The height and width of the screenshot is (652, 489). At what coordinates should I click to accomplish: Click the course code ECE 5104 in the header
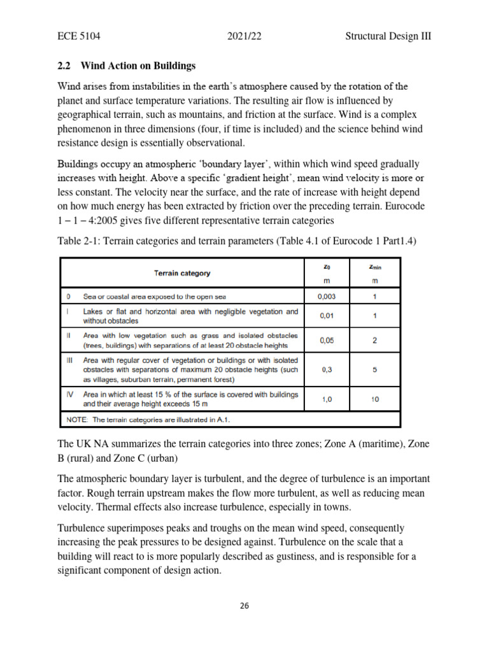tap(78, 36)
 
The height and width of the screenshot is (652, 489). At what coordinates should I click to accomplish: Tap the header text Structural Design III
tap(388, 36)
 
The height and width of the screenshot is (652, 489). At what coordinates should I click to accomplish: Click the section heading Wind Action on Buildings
tap(147, 66)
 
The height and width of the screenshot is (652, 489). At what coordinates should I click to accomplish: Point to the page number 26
tap(244, 606)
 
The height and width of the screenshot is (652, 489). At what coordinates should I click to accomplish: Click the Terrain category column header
tap(181, 273)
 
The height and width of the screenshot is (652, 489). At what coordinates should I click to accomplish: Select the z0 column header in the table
tap(327, 267)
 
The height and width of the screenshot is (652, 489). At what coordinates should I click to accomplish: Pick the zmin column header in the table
tap(374, 267)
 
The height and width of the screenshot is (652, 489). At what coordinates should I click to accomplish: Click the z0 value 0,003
tap(327, 297)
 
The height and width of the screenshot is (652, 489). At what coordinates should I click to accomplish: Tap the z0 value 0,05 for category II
tap(327, 340)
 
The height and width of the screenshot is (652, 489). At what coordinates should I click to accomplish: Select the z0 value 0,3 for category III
tap(327, 369)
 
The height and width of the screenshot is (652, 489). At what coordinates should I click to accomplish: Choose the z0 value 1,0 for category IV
tap(327, 399)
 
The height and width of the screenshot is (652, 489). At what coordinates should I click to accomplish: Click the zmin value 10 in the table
tap(374, 399)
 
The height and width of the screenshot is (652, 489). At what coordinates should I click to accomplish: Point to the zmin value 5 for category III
tap(374, 369)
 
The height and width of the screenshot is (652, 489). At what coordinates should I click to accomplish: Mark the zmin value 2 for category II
tap(374, 340)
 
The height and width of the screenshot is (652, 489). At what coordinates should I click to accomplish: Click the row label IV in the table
tap(69, 395)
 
